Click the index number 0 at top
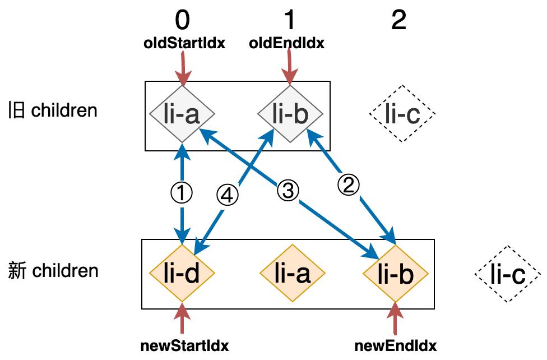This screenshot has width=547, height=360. pyautogui.click(x=183, y=21)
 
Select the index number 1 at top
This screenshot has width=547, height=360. pyautogui.click(x=289, y=21)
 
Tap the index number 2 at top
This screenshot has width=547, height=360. pyautogui.click(x=398, y=21)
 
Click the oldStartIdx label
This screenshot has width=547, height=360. pyautogui.click(x=184, y=43)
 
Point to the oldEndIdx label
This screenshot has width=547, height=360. pyautogui.click(x=286, y=43)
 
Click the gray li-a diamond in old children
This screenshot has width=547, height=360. pyautogui.click(x=183, y=115)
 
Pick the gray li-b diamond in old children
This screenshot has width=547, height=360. pyautogui.click(x=290, y=115)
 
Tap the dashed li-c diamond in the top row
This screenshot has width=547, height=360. pyautogui.click(x=402, y=115)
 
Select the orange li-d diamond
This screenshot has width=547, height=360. pyautogui.click(x=183, y=274)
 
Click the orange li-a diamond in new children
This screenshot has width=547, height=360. pyautogui.click(x=293, y=274)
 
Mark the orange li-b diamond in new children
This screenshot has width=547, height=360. pyautogui.click(x=396, y=274)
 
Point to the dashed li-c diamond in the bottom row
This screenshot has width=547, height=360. pyautogui.click(x=508, y=274)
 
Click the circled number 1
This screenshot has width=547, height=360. pyautogui.click(x=182, y=193)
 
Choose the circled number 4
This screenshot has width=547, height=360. pyautogui.click(x=228, y=195)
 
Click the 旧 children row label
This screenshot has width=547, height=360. pyautogui.click(x=53, y=110)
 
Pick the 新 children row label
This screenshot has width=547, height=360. pyautogui.click(x=54, y=271)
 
